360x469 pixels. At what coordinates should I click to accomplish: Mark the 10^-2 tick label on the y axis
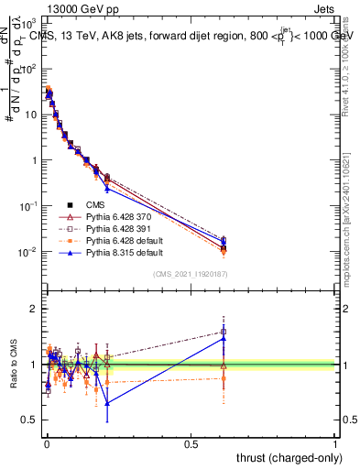coord(31,252)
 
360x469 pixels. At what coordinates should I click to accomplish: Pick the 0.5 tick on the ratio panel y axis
coord(30,420)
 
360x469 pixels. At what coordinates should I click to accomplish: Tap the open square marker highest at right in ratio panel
coord(224,332)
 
